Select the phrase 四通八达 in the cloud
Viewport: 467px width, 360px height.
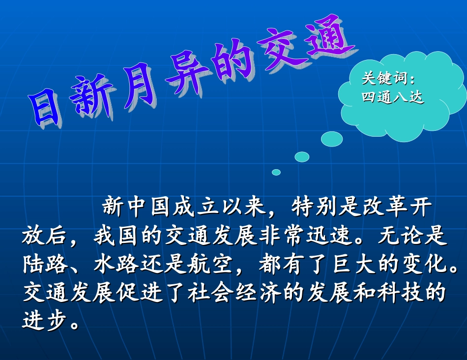click(x=392, y=97)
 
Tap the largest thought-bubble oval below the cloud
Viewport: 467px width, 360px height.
click(x=332, y=139)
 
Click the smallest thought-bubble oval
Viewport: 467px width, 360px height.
click(x=276, y=172)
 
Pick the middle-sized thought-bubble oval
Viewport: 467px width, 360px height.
click(x=302, y=157)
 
